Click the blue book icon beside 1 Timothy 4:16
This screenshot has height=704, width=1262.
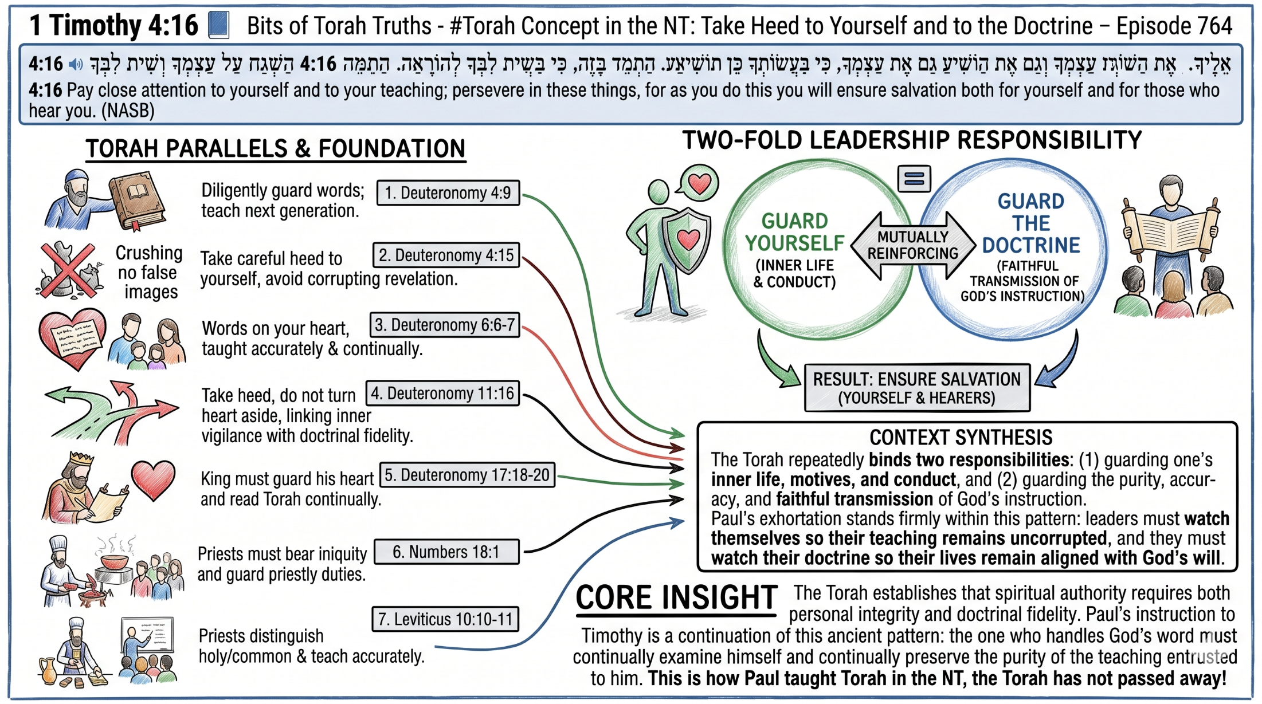tap(218, 25)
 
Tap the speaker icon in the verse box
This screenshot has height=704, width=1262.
tap(75, 64)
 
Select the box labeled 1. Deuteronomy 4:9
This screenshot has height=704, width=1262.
tap(448, 192)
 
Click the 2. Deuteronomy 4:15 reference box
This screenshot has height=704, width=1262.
tap(446, 255)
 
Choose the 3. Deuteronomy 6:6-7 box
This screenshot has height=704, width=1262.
tap(444, 325)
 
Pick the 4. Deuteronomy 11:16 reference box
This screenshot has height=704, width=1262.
tap(442, 394)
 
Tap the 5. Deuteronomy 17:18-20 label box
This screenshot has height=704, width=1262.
tap(467, 475)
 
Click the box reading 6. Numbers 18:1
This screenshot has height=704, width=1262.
tap(446, 552)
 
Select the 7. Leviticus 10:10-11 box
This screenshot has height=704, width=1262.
tap(445, 619)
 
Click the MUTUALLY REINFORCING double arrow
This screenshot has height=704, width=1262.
tap(912, 245)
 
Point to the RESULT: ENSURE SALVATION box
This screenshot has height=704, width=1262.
tap(916, 388)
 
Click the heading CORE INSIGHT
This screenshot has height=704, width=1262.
tap(676, 597)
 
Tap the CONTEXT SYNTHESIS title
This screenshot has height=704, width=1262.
tap(961, 438)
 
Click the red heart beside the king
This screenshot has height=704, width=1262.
tap(152, 479)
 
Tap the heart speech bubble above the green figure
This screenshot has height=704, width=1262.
tap(699, 183)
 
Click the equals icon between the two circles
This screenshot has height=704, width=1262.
tap(914, 179)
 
